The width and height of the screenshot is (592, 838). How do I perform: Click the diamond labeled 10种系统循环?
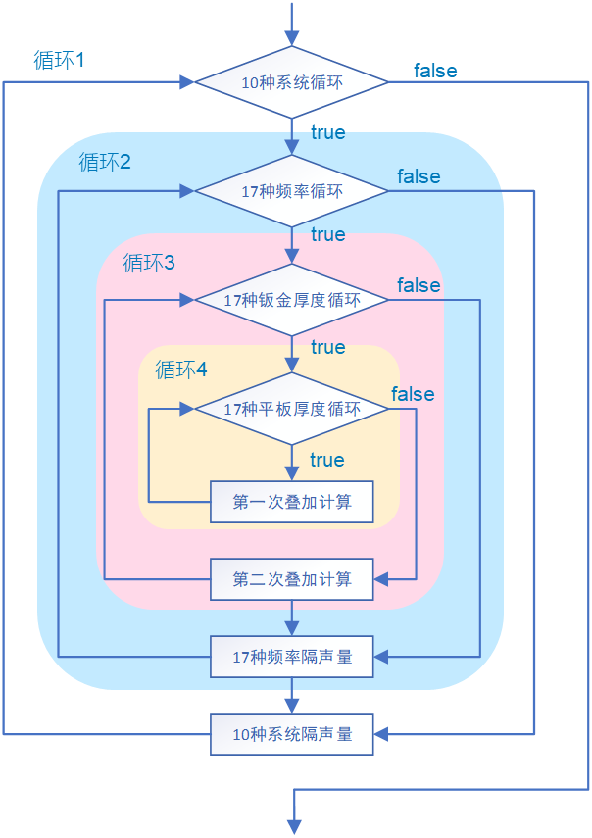(x=292, y=83)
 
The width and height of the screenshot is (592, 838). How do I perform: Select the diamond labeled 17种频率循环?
(x=292, y=191)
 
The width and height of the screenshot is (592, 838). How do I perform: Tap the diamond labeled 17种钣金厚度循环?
(x=292, y=300)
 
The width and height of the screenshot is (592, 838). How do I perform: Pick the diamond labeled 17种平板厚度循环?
(x=292, y=409)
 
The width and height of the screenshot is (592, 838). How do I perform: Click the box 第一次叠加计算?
(x=292, y=503)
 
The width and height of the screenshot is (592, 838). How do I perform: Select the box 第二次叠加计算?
(x=292, y=579)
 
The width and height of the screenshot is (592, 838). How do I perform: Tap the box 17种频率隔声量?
(x=292, y=657)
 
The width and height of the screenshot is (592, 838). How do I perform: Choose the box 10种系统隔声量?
(x=292, y=733)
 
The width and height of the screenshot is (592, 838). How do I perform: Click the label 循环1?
(x=59, y=60)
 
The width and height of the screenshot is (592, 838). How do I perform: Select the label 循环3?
(x=149, y=264)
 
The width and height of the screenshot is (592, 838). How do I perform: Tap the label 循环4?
(x=181, y=370)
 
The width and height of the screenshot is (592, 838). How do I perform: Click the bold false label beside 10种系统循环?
(x=435, y=71)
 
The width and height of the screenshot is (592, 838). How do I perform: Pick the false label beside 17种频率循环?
(x=419, y=176)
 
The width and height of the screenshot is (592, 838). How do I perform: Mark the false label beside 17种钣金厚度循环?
(x=419, y=285)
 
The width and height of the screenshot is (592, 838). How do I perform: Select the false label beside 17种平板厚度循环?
(x=413, y=394)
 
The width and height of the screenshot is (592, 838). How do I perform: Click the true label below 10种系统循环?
(x=327, y=132)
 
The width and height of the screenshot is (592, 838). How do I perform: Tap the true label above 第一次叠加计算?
(x=327, y=460)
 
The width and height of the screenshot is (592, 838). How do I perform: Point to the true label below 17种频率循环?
(x=327, y=234)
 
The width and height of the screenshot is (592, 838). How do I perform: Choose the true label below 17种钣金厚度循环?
(x=327, y=347)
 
